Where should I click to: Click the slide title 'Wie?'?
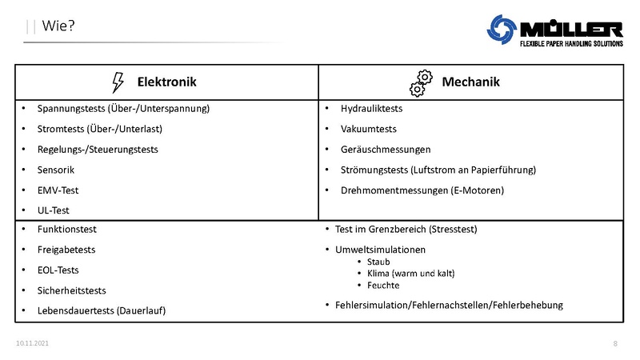pos(59,27)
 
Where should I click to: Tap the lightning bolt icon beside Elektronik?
pos(118,82)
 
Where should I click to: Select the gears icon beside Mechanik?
pos(421,82)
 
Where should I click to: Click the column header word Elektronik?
pos(166,82)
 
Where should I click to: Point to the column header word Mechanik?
pos(470,82)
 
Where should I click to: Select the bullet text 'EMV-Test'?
pos(58,190)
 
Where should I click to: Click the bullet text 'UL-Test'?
pos(54,210)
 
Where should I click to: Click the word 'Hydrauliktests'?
pos(371,108)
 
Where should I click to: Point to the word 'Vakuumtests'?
pos(368,129)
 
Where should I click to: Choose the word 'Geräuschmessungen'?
pos(386,150)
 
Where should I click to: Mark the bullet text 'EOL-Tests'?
pos(58,270)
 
